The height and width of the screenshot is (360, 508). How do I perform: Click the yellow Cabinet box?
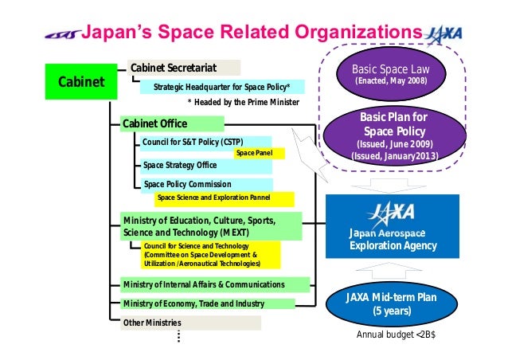coord(80,82)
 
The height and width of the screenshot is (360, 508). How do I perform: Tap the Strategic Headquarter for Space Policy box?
coord(221,86)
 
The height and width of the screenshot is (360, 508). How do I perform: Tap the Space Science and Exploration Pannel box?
coord(213,198)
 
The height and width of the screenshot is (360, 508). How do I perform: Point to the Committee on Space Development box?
coord(210,255)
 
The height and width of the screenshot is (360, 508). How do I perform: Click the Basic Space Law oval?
coord(395,74)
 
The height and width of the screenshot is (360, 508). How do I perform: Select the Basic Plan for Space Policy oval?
coord(396,137)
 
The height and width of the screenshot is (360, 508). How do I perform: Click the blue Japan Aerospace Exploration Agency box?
coord(396,228)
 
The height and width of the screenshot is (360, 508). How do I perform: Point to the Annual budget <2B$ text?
coord(396,335)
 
